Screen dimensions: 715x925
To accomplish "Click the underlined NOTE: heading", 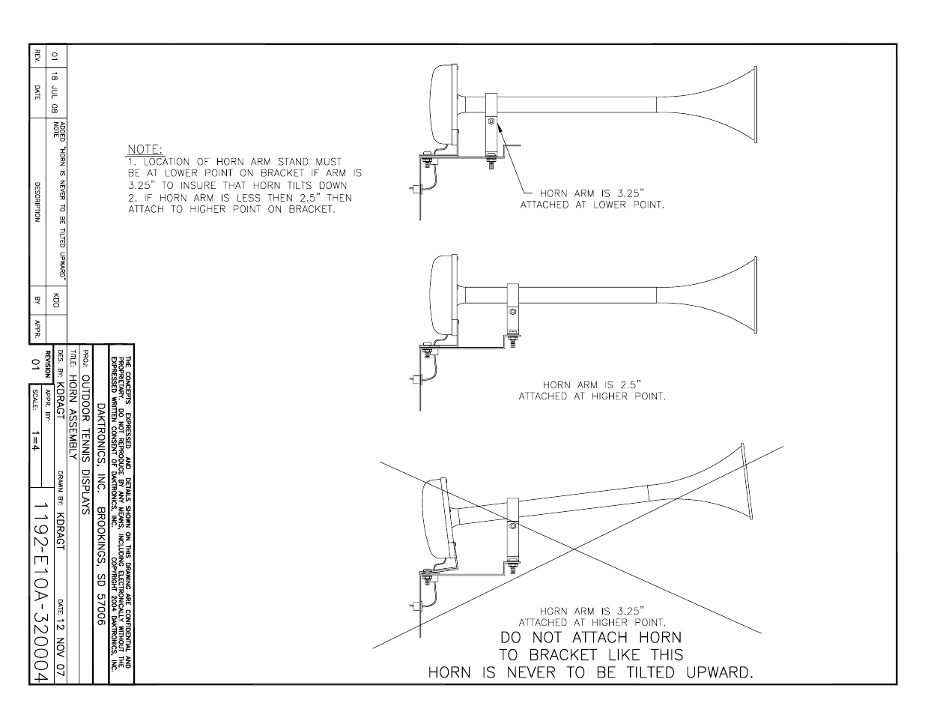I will pyautogui.click(x=145, y=150).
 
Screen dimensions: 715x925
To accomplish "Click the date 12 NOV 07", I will pyautogui.click(x=60, y=637).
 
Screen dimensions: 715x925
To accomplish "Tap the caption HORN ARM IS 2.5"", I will pyautogui.click(x=592, y=385).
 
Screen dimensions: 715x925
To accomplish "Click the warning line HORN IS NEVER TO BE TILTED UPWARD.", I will pyautogui.click(x=590, y=672).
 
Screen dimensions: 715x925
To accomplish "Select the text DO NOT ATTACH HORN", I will pyautogui.click(x=591, y=638).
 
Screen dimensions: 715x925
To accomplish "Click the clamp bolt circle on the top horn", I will pyautogui.click(x=490, y=121).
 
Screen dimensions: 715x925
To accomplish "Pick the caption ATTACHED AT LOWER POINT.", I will pyautogui.click(x=592, y=205).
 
